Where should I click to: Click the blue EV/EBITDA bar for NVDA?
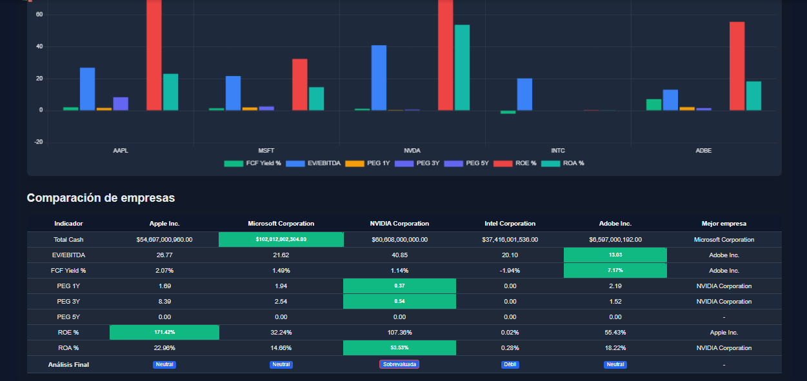[x=379, y=78]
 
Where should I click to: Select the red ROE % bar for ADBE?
[x=737, y=66]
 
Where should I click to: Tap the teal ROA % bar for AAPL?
[x=170, y=92]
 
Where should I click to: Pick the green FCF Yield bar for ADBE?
[x=653, y=104]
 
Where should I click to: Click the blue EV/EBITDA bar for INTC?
[x=524, y=94]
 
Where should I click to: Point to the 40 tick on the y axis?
[x=39, y=46]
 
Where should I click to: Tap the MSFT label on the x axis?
[x=266, y=150]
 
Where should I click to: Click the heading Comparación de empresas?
[x=101, y=198]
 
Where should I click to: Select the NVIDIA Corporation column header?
[x=399, y=224]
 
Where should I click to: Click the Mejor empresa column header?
[x=724, y=224]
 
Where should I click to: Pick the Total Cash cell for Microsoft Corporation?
[x=281, y=239]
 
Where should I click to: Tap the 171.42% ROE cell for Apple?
[x=164, y=332]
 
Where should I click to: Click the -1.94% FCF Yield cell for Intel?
[x=510, y=270]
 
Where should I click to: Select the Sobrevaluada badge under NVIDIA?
[x=399, y=364]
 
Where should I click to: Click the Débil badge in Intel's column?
[x=510, y=364]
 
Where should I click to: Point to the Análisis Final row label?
[x=68, y=364]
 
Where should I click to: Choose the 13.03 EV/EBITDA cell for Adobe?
[x=615, y=255]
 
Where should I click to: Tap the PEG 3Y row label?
[x=68, y=301]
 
